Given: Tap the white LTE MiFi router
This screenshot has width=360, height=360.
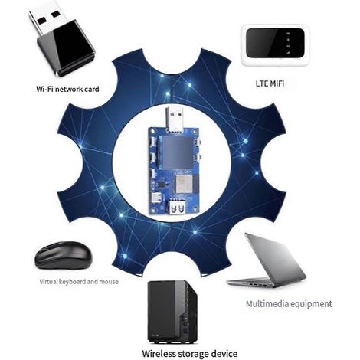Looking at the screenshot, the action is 275,46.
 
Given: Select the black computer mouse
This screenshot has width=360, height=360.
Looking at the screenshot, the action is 64,255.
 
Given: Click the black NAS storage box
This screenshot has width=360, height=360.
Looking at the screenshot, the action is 172,313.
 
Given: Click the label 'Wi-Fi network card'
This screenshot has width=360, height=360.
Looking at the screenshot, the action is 67,89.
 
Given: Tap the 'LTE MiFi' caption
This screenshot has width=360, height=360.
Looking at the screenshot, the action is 270,83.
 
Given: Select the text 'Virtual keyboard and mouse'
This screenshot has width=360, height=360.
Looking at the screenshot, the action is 79,282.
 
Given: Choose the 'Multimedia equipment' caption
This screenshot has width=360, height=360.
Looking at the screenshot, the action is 289,304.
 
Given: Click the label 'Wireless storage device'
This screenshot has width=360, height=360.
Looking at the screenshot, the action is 190,354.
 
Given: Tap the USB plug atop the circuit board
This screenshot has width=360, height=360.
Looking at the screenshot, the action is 175,119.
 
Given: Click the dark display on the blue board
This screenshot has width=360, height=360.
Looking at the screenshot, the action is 176,152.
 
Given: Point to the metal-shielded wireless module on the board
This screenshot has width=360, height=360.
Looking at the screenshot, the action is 182,185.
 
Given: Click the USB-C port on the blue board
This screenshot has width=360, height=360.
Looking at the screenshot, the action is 155,198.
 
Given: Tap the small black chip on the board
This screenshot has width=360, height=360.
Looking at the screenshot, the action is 162,184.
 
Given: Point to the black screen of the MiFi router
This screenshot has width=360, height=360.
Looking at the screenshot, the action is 275,43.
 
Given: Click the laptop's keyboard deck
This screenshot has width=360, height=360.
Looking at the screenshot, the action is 252,282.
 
